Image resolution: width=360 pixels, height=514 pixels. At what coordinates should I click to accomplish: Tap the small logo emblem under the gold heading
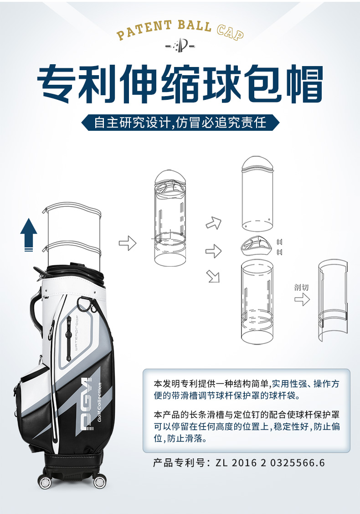[180, 45]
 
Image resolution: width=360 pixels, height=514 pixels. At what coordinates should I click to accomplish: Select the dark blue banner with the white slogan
[180, 123]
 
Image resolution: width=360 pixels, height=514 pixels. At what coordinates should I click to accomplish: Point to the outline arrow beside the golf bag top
[128, 243]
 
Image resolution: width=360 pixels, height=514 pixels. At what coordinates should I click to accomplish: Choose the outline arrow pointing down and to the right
[213, 276]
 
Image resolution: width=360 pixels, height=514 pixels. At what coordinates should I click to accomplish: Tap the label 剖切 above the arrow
[301, 288]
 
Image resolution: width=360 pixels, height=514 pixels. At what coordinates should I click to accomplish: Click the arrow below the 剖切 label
[302, 299]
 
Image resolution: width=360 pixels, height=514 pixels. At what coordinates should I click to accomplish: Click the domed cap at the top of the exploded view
[257, 164]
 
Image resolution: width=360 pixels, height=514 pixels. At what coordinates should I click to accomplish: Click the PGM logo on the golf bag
[87, 403]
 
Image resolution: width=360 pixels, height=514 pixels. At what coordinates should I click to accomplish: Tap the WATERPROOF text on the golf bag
[77, 333]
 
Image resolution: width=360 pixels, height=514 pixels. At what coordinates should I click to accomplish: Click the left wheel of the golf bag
[45, 482]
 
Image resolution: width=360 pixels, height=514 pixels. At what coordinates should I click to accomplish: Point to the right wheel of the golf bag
[100, 482]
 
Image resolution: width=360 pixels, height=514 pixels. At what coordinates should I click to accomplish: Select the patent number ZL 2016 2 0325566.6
[270, 463]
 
